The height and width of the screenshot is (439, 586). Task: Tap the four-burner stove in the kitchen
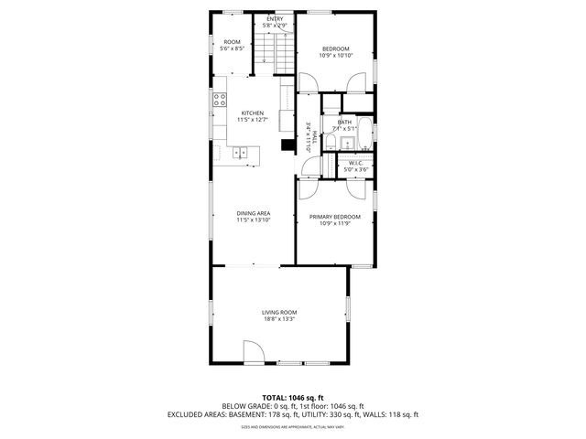(221, 100)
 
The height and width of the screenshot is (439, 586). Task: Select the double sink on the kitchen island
(241, 153)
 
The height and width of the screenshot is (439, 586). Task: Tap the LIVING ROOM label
(280, 312)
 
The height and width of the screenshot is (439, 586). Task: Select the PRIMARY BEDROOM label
(334, 217)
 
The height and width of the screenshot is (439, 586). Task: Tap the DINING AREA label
(253, 213)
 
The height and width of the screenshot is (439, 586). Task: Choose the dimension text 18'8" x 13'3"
(280, 319)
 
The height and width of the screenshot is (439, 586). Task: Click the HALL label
(313, 136)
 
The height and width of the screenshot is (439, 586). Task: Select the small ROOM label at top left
(232, 42)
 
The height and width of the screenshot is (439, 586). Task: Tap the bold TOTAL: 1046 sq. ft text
(293, 398)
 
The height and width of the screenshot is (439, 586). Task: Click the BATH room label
(344, 122)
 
